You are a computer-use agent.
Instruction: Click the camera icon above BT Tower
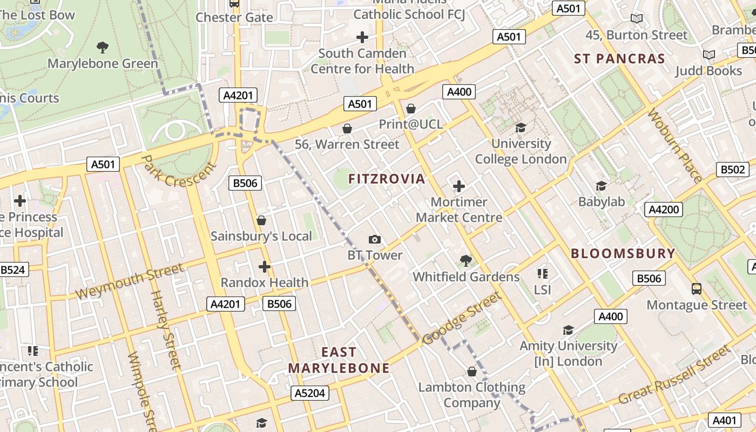tap(374, 239)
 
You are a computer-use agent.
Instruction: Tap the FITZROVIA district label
tap(387, 179)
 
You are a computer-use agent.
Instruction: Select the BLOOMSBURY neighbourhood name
tap(623, 253)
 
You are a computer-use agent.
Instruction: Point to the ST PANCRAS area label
tap(619, 59)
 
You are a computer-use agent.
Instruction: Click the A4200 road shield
tap(663, 210)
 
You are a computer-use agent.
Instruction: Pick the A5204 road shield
tap(310, 393)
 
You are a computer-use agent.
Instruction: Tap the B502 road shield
tap(733, 169)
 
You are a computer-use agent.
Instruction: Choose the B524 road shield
tap(13, 269)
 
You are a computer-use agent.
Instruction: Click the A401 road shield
tap(724, 420)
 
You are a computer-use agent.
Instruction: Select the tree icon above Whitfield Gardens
tap(465, 261)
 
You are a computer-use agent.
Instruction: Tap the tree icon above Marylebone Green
tap(102, 48)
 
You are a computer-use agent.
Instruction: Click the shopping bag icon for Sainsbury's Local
tap(261, 220)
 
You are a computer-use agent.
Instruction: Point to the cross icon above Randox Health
tap(264, 266)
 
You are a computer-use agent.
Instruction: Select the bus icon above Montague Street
tap(697, 289)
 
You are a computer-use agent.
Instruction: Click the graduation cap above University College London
tap(521, 128)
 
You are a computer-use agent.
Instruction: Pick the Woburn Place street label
tap(676, 145)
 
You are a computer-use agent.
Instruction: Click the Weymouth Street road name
tap(130, 281)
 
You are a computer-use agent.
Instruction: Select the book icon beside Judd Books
tap(708, 55)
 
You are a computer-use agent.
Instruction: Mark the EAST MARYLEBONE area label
tap(339, 360)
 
